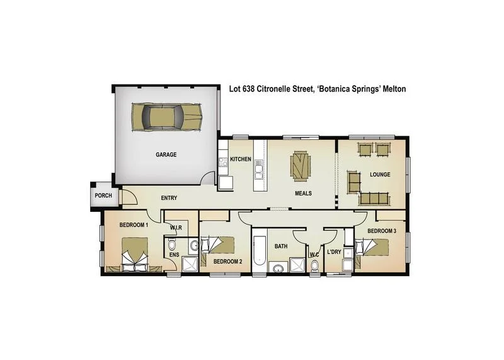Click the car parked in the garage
[167, 116]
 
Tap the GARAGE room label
[166, 154]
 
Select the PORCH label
[103, 195]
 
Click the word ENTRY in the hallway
[169, 198]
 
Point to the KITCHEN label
[241, 159]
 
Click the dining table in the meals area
[301, 166]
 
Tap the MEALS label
[304, 194]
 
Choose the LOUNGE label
[380, 175]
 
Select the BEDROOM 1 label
[134, 224]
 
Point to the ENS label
[173, 255]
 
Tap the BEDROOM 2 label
[227, 261]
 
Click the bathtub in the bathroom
[259, 254]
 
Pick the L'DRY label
[334, 253]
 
